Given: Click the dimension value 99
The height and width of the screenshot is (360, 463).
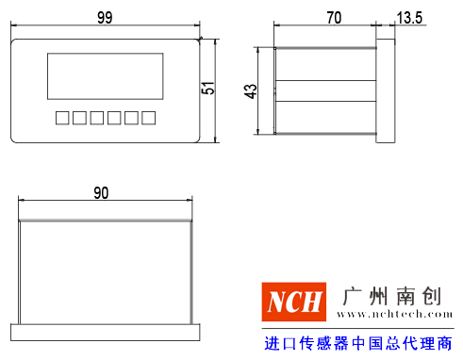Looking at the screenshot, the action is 106,17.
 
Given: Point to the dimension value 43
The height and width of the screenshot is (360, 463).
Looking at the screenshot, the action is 250,90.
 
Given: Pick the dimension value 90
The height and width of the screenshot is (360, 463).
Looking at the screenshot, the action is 101,193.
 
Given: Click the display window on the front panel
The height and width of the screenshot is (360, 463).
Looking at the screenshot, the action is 104,77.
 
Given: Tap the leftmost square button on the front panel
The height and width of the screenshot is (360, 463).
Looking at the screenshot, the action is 61,118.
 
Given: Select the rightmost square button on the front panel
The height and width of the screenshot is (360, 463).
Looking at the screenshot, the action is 147,118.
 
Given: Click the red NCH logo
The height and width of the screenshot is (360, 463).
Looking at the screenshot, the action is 293,303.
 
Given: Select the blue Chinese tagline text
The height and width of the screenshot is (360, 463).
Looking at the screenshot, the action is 358,343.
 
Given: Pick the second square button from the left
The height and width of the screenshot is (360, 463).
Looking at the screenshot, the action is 78,118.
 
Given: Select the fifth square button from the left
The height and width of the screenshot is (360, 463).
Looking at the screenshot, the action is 130,118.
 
